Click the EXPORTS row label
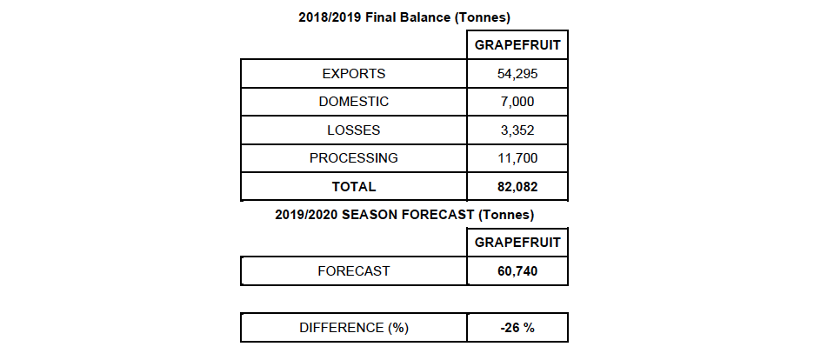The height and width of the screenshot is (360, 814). pos(353,74)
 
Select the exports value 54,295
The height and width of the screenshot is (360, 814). pos(517,74)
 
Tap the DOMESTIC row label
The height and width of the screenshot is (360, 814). pos(353,102)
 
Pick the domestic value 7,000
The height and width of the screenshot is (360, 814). pos(517,102)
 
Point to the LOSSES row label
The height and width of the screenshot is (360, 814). pos(353,130)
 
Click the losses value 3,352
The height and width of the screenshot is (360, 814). pos(517,130)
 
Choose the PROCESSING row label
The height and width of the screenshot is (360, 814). pos(353,158)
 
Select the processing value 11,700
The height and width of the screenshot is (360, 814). pos(517,158)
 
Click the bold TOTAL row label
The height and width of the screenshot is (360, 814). pos(353,186)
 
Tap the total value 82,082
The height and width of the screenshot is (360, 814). pos(517,186)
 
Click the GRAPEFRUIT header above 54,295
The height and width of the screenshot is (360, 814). pos(517,45)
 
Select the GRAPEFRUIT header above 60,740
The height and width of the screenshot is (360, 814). pos(517,243)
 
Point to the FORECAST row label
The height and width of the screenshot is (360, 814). pos(353,271)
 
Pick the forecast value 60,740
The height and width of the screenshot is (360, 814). pos(517,271)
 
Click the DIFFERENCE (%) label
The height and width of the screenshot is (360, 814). pos(353,328)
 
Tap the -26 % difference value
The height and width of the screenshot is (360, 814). pos(517,328)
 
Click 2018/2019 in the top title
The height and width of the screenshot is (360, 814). pos(330,17)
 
